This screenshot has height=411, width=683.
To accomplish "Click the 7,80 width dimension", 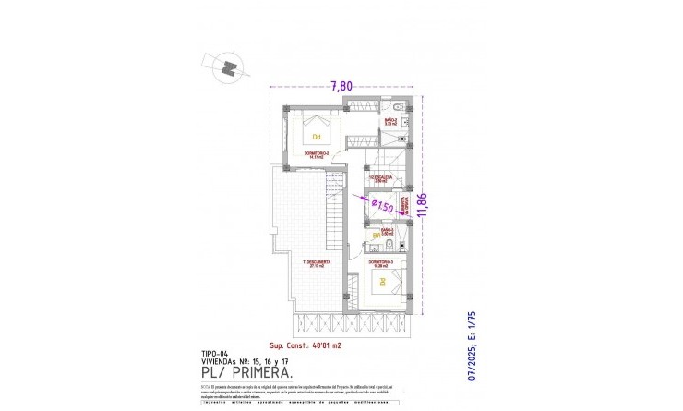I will [x=341, y=86].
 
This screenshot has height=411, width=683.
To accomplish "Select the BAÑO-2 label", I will [x=390, y=121].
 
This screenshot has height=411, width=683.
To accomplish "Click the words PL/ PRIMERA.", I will [x=250, y=372].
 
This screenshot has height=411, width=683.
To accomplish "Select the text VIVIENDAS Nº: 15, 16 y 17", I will [x=245, y=361].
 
